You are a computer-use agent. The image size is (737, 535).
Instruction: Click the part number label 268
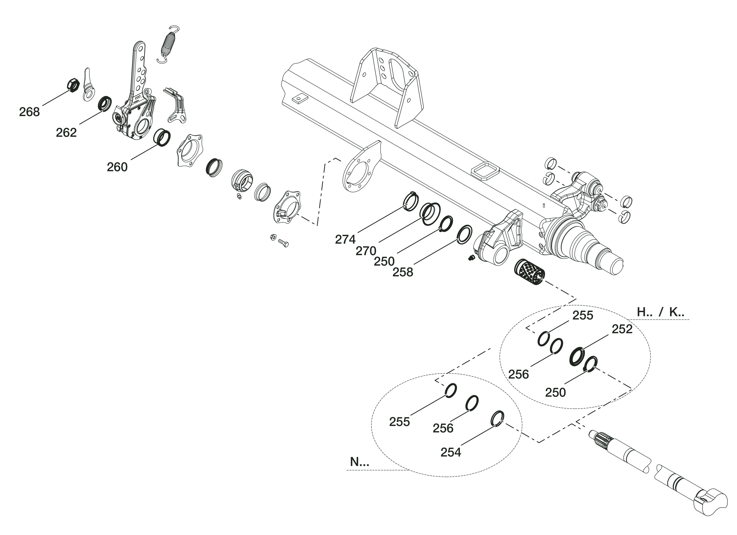pos(29,112)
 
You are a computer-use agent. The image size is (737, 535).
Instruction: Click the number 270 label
pos(366,251)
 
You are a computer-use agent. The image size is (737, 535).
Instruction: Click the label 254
pos(451,452)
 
